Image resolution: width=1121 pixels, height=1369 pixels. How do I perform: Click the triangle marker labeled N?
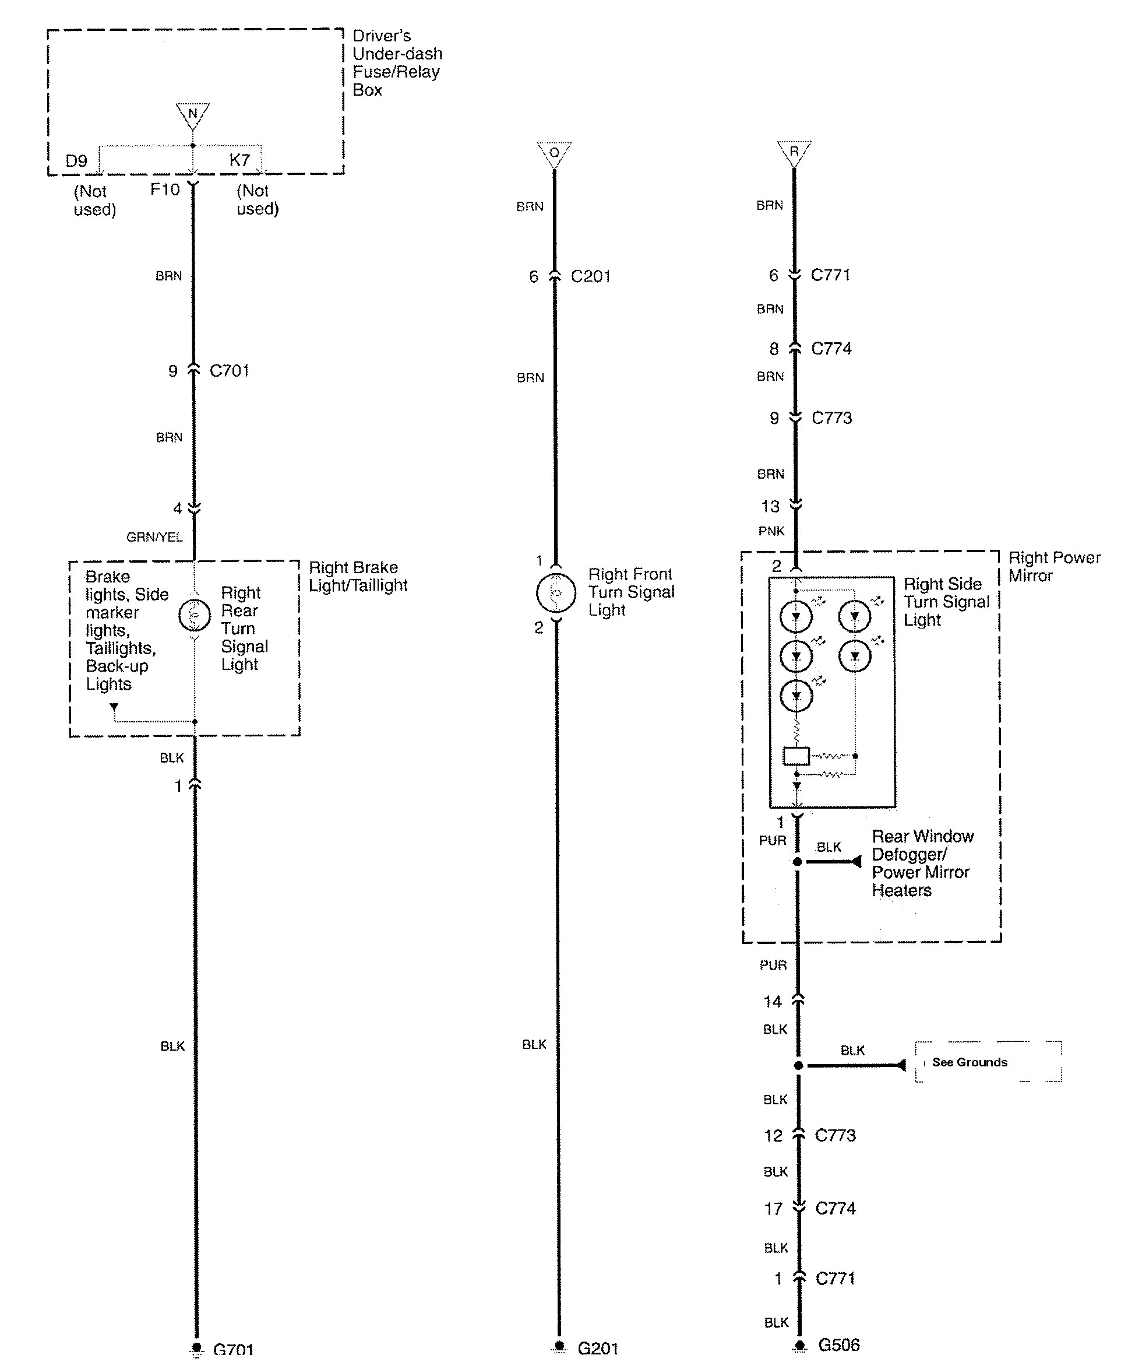192,114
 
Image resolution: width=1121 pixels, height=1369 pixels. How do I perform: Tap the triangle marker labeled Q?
554,153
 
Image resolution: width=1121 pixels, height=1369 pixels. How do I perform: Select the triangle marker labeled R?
794,152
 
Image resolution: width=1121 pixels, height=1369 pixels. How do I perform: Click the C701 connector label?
229,371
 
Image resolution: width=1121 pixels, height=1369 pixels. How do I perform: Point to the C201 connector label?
591,276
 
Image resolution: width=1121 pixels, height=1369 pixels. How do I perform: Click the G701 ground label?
233,1349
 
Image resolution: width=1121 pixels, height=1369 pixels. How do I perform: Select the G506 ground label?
839,1345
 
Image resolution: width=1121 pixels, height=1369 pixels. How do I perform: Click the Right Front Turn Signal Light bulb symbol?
555,592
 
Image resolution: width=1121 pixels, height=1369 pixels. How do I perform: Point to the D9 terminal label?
76,161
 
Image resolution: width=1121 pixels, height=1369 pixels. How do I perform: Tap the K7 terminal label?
239,160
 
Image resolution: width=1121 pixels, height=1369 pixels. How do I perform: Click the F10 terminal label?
165,189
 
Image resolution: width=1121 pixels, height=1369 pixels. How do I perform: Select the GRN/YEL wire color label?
154,537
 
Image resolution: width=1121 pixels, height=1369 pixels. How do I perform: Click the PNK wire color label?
771,531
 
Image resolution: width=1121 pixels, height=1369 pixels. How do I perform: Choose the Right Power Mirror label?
1054,567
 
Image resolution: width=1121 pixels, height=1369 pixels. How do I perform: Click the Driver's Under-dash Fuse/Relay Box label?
396,62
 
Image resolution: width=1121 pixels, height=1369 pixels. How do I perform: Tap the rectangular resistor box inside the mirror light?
796,756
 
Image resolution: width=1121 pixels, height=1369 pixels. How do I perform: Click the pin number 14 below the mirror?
773,1002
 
